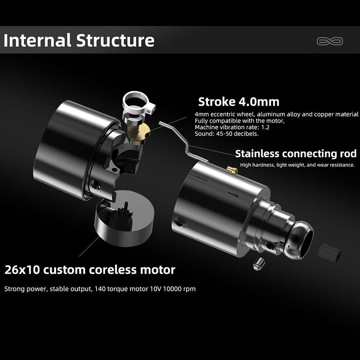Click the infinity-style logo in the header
click(x=330, y=41)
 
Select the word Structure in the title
click(x=115, y=40)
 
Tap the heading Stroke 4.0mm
click(x=239, y=102)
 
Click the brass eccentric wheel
click(x=139, y=133)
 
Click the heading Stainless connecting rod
click(x=296, y=154)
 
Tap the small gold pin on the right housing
click(x=232, y=170)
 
